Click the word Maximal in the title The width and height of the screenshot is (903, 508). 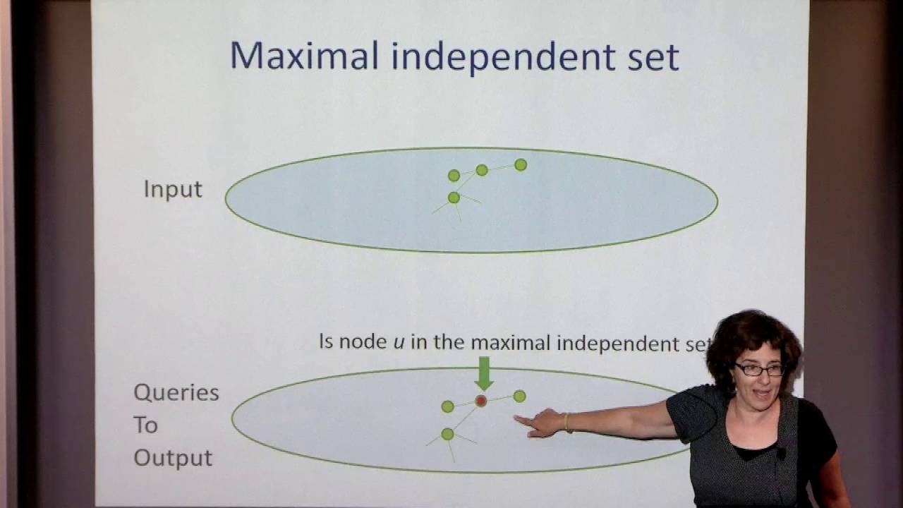tap(305, 56)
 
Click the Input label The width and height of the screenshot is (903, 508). tap(173, 189)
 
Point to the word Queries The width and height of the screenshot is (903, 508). tap(176, 393)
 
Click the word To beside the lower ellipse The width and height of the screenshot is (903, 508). tap(145, 425)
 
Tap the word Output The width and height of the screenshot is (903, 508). tap(173, 458)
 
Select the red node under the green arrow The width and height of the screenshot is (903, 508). tap(481, 401)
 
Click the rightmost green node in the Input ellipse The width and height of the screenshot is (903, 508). tap(521, 165)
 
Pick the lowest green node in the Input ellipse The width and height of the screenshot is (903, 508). tap(454, 198)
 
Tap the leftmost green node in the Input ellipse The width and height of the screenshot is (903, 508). tap(454, 175)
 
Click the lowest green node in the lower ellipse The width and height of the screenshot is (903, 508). tap(447, 434)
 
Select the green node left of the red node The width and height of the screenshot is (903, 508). tap(447, 406)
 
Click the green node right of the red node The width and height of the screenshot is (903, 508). tap(519, 397)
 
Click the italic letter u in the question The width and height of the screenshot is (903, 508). tap(399, 343)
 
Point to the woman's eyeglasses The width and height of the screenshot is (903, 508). tap(759, 369)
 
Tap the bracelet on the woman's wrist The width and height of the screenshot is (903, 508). tap(566, 422)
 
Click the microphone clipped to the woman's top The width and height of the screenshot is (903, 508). tap(781, 454)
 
